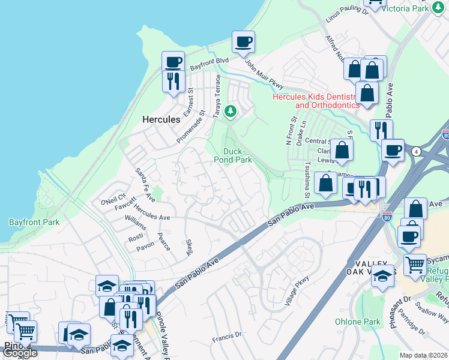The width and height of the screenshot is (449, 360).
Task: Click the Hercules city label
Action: coord(161,119)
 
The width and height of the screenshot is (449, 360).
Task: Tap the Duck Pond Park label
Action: coord(233,155)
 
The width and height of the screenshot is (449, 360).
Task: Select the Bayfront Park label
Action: coord(34,222)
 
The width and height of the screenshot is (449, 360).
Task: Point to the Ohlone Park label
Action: coord(358,322)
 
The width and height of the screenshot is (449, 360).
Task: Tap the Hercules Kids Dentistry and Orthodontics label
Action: coord(316,100)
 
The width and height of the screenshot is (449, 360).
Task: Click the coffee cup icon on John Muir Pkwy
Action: coord(243,43)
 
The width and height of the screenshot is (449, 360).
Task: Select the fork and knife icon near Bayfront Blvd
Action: coord(173,81)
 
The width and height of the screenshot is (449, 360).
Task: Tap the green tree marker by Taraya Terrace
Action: coord(229,112)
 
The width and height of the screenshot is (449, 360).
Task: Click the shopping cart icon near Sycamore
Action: coord(415,265)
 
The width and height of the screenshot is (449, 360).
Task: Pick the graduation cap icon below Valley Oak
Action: coord(382,276)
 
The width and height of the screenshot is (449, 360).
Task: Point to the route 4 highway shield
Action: coord(415,151)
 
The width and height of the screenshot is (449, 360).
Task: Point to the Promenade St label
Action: coord(191,126)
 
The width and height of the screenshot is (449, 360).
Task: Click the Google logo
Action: coord(20,353)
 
